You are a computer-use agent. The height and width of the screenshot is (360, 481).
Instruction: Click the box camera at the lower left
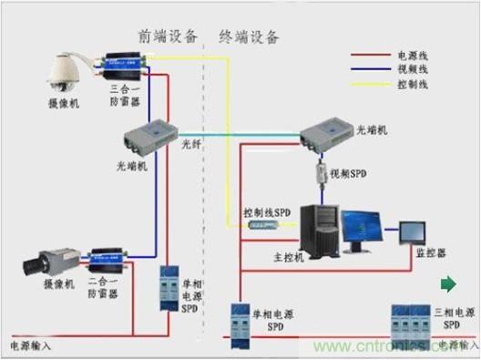tap(43, 263)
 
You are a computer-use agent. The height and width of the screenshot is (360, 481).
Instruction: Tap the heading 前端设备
tap(169, 36)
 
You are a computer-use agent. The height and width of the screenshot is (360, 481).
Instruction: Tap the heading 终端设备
tap(249, 36)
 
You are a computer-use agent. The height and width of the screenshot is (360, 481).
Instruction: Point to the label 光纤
tap(190, 144)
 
